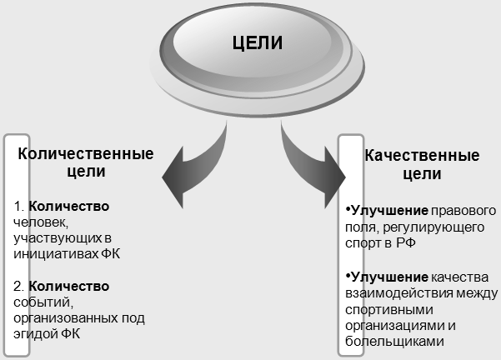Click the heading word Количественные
86,154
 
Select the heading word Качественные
422,156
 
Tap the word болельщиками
389,341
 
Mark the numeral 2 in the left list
18,286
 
